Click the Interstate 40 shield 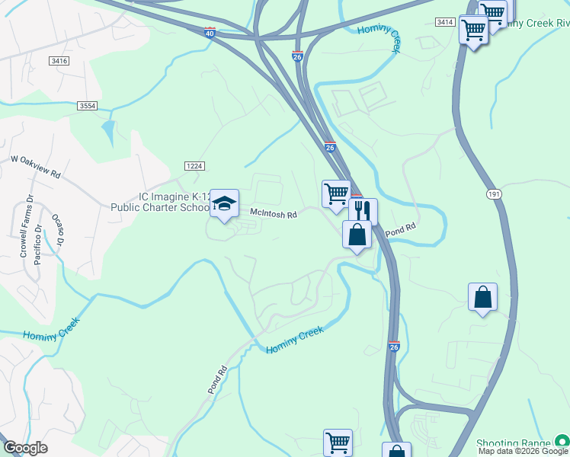tap(210, 33)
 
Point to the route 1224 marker tap(194, 165)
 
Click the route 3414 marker tap(446, 22)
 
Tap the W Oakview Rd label tap(35, 166)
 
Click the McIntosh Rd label tap(274, 215)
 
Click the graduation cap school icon tap(224, 203)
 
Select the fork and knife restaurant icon tap(363, 210)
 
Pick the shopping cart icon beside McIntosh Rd tap(335, 193)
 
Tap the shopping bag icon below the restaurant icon tap(357, 234)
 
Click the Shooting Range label tap(513, 443)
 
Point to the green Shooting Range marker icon tap(562, 441)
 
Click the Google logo tap(25, 448)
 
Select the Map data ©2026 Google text tap(524, 451)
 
